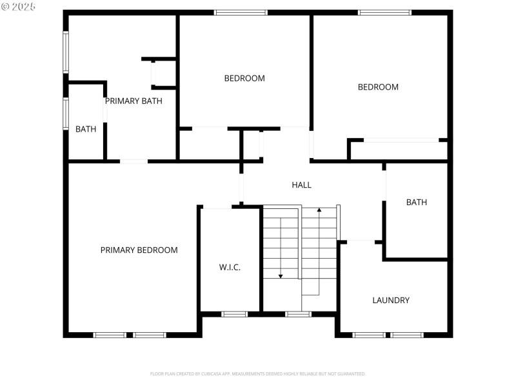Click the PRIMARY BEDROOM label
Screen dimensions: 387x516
[139, 250]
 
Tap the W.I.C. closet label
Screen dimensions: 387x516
[230, 267]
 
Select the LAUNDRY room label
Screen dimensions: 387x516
[391, 300]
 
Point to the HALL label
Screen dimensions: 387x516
[301, 185]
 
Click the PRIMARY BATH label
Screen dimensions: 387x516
[134, 101]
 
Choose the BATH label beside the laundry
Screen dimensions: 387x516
[416, 203]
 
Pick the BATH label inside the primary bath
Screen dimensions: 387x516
[86, 129]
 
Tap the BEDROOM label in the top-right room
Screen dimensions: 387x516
[378, 87]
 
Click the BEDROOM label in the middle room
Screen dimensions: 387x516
[244, 79]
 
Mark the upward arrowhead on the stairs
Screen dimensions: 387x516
[319, 210]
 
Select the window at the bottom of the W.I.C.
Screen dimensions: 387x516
[234, 314]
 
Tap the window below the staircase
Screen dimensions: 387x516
[298, 314]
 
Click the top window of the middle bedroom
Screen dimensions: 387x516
[241, 12]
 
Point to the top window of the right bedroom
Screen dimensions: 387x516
[384, 12]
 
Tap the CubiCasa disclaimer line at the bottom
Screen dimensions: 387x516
[257, 373]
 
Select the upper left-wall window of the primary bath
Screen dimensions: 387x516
[65, 52]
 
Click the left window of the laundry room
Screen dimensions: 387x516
[369, 335]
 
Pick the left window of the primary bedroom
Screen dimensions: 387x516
[110, 335]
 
